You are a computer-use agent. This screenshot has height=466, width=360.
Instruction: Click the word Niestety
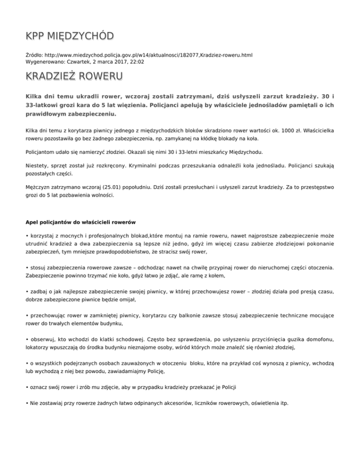coord(37,165)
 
